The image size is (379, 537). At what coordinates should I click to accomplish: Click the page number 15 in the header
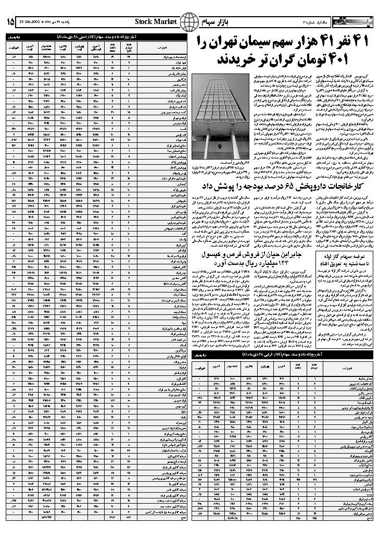[10, 21]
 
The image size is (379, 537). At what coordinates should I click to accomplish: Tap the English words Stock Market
[156, 21]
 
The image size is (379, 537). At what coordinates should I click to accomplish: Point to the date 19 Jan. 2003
[31, 22]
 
